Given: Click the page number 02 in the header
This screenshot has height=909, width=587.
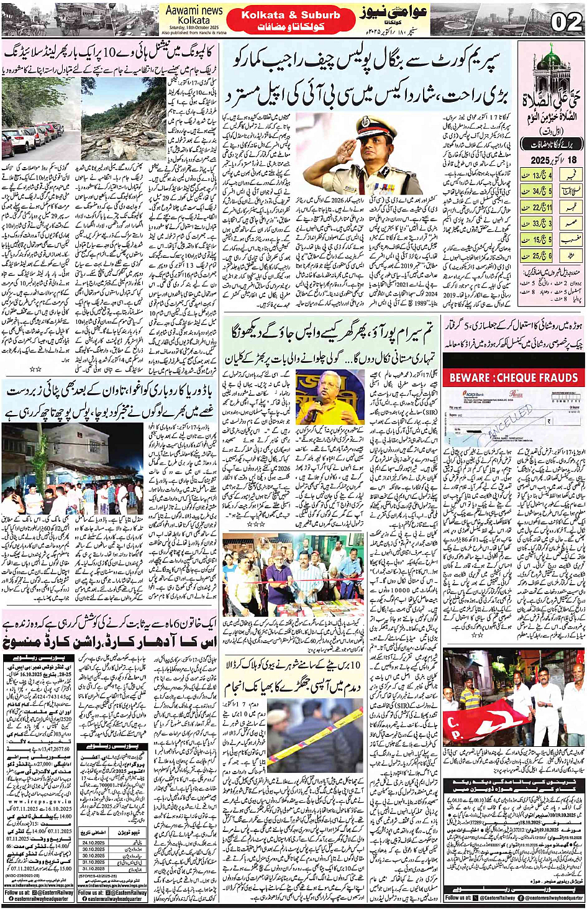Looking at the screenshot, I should click(x=566, y=22).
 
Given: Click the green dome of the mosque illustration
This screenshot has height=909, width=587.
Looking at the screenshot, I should click(x=550, y=58).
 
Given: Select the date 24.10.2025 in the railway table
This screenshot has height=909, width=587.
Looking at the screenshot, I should click(x=94, y=843).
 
